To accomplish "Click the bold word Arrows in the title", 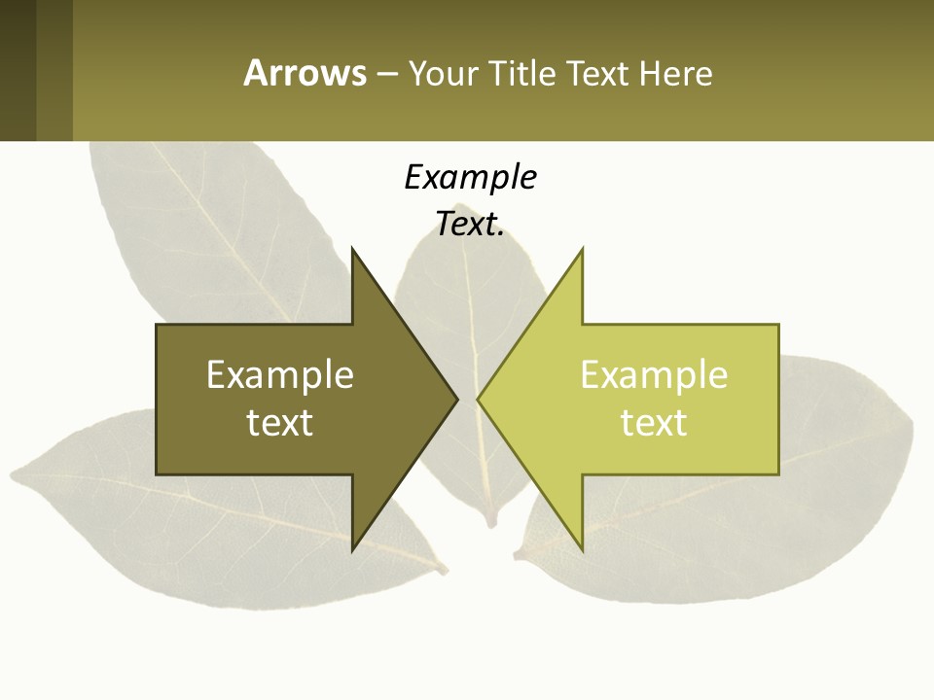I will point(305,73).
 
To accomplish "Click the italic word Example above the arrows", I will point(470,178).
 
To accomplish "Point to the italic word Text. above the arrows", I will point(470,225).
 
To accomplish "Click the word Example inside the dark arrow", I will point(280,375).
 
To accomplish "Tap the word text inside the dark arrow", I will point(280,423).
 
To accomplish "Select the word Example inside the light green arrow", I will point(654,375).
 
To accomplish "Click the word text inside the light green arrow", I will point(654,423).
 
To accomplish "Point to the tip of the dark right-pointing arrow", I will point(457,399).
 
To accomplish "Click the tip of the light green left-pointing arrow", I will point(478,399).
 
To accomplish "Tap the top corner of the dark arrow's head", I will point(353,249).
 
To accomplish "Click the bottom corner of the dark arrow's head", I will point(353,549).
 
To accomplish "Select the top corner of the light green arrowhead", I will point(582,249).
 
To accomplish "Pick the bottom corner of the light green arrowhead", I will point(582,549).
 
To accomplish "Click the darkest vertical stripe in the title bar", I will point(18,70).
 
